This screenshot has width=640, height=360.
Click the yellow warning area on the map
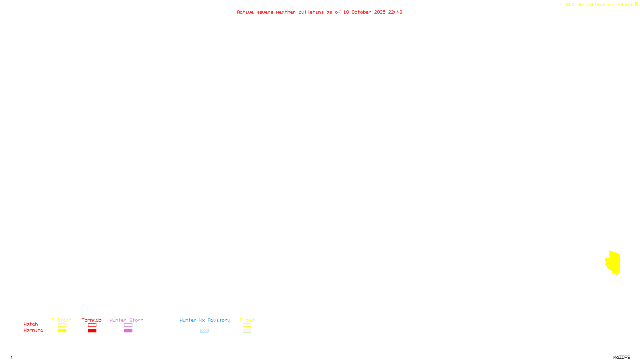coord(614,262)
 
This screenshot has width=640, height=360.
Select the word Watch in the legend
coord(31,324)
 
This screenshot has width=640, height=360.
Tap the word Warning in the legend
coord(34,330)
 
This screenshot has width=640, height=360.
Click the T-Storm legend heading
coord(62,320)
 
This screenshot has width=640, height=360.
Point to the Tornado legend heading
coord(92,320)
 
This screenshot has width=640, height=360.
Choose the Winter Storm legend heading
coord(126,320)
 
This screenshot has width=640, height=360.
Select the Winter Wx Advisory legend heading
coord(205,320)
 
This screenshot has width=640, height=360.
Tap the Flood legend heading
coord(247,320)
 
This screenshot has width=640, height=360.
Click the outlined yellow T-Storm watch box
coord(62,325)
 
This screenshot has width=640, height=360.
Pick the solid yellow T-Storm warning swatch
coord(62,331)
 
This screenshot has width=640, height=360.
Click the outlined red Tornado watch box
coord(92,325)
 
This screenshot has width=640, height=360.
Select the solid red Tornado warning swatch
coord(92,331)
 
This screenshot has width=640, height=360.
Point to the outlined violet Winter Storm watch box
coord(128,325)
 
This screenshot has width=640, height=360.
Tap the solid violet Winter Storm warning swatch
coord(128,331)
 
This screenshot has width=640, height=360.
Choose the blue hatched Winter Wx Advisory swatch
coord(204,331)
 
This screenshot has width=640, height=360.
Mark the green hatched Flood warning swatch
coord(247,331)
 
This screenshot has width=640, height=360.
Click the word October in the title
coord(361,12)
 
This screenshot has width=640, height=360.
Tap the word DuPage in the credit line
coord(624,4)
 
